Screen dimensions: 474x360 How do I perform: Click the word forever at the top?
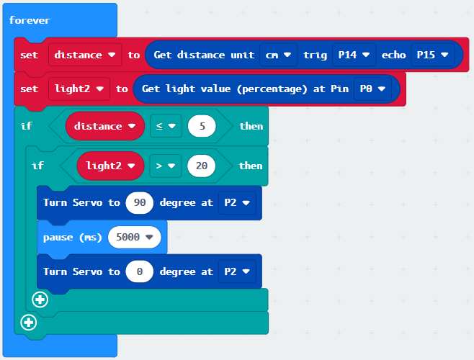30,20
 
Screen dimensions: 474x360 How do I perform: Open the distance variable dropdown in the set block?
85,55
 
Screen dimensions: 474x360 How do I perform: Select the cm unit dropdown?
278,55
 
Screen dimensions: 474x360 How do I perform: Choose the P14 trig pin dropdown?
354,55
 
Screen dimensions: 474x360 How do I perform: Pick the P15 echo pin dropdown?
432,55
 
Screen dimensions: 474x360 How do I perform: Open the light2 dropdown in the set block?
79,89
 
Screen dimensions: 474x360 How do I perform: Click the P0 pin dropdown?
372,89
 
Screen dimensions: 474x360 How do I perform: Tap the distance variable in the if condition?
105,126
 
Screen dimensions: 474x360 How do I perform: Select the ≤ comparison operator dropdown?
166,126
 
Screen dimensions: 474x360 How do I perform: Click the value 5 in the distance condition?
202,126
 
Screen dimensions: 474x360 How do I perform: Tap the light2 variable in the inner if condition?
111,166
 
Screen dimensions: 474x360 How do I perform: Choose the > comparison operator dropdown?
166,166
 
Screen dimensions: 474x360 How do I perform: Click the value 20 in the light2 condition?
201,166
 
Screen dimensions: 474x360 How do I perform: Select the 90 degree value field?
140,202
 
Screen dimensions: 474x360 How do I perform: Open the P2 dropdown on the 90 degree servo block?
237,202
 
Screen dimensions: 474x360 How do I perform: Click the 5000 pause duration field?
134,237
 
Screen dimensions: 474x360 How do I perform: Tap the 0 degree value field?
140,271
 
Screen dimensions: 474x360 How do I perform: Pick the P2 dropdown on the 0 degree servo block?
237,271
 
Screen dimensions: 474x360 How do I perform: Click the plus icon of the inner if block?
40,300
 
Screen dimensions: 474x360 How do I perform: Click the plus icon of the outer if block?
29,323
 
